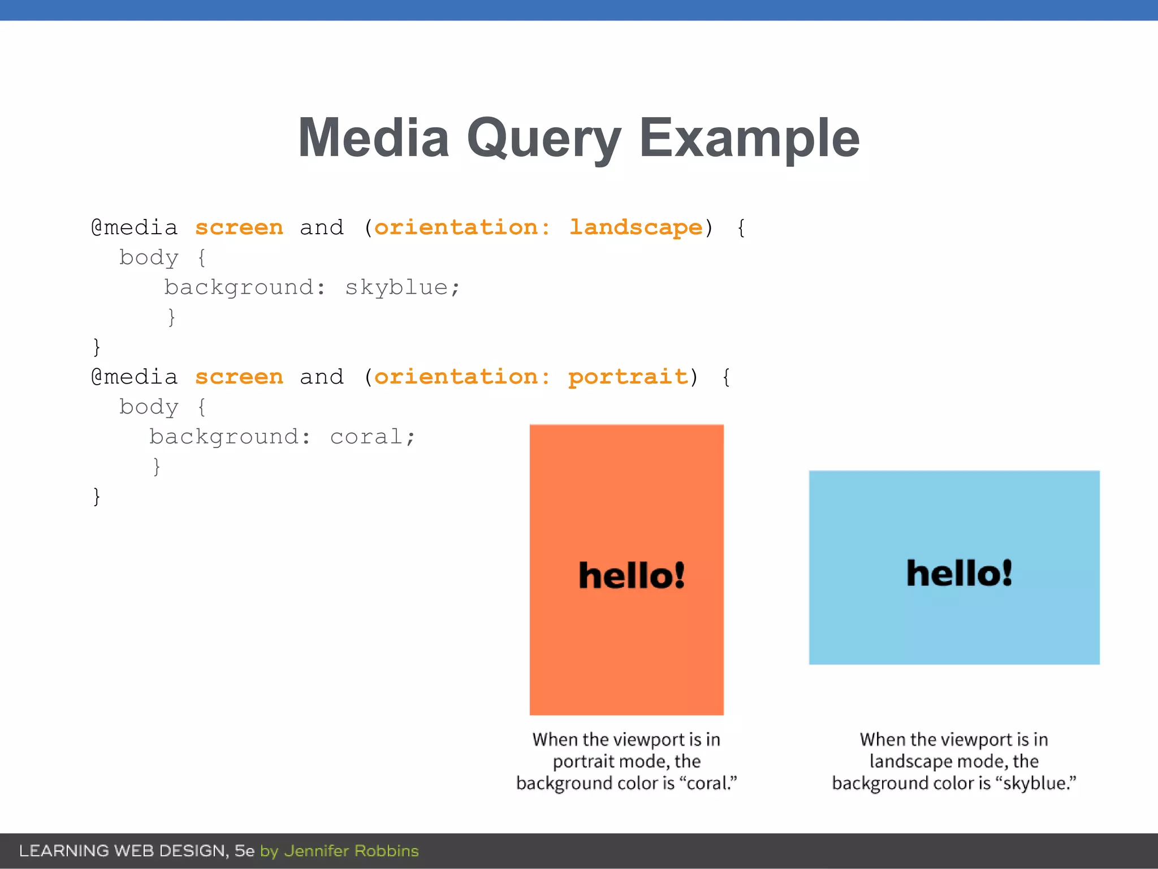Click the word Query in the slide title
pyautogui.click(x=543, y=139)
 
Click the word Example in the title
pyautogui.click(x=749, y=139)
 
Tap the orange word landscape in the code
pyautogui.click(x=636, y=227)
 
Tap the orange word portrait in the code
pyautogui.click(x=628, y=377)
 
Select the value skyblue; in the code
pyautogui.click(x=403, y=287)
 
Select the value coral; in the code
pyautogui.click(x=373, y=437)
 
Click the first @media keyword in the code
pyautogui.click(x=135, y=227)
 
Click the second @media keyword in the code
pyautogui.click(x=135, y=377)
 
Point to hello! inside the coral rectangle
pyautogui.click(x=632, y=575)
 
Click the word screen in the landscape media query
pyautogui.click(x=239, y=227)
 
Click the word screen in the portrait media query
pyautogui.click(x=239, y=377)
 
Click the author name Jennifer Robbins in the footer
pyautogui.click(x=351, y=851)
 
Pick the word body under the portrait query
pyautogui.click(x=149, y=407)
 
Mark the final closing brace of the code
pyautogui.click(x=97, y=496)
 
